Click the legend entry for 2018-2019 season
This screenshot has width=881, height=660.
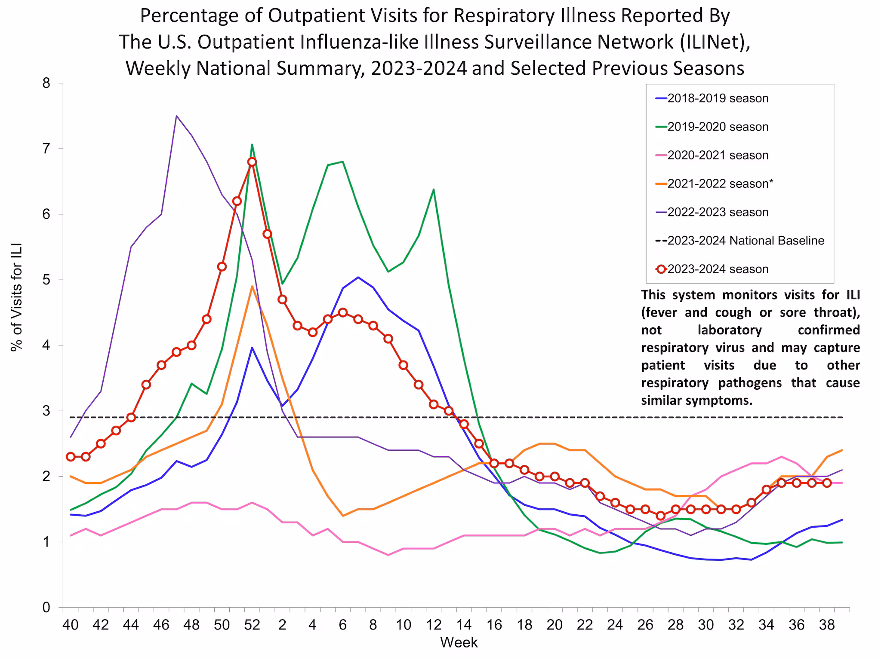(718, 98)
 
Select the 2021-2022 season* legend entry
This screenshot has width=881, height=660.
(720, 184)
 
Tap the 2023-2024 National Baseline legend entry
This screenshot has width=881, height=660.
(745, 241)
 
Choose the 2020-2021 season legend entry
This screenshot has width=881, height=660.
(718, 155)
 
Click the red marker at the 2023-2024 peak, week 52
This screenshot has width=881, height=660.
(252, 162)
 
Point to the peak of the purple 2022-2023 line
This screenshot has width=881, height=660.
(176, 116)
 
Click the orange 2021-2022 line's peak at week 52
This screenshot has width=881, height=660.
(252, 286)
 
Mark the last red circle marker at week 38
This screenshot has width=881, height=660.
(826, 483)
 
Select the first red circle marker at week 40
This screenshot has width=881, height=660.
(71, 456)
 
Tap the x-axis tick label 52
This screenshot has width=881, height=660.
(252, 625)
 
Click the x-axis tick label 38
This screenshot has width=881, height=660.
(826, 625)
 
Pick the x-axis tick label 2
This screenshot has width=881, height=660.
(282, 625)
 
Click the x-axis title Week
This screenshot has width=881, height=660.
(459, 643)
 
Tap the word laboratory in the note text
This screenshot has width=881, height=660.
(730, 330)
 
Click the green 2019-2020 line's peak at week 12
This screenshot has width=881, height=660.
(433, 189)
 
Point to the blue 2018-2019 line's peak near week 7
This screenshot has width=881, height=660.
(358, 277)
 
